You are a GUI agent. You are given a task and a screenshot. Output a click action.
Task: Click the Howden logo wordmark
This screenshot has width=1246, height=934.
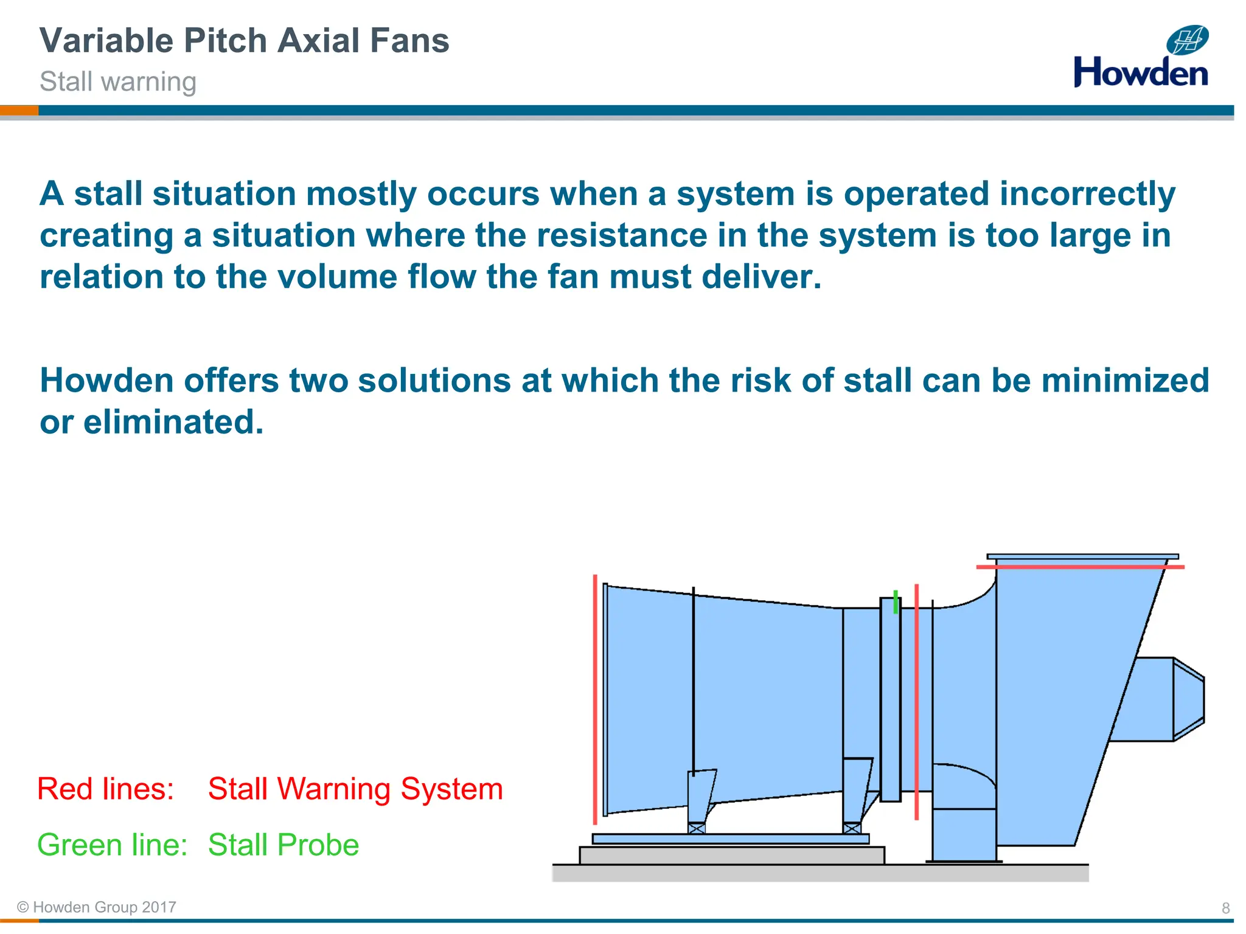(1140, 73)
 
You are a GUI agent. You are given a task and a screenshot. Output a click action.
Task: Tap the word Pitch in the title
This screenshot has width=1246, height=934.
(225, 41)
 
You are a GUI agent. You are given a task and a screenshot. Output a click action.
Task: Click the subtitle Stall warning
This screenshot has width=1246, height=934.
(118, 81)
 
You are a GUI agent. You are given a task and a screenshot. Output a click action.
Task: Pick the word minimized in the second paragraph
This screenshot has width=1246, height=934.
(1125, 381)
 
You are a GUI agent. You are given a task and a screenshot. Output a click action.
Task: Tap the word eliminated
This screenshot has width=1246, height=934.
(173, 422)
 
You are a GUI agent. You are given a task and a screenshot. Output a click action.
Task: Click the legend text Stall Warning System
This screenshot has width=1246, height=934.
(355, 789)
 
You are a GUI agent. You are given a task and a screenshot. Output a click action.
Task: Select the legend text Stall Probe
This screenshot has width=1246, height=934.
(284, 845)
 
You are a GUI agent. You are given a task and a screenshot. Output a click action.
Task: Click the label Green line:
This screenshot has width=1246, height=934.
(113, 845)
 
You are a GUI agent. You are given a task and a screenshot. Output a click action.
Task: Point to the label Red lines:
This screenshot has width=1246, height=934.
(106, 789)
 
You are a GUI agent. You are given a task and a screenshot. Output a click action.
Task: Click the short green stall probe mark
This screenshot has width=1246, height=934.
(896, 601)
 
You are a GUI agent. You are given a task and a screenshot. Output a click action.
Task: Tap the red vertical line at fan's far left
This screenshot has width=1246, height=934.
(595, 699)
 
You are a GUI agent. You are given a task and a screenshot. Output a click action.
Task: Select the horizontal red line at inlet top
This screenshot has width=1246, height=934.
(1080, 567)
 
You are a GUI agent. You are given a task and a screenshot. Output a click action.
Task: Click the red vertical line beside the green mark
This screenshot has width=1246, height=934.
(916, 699)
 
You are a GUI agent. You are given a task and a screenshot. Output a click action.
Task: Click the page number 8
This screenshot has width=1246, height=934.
(1225, 908)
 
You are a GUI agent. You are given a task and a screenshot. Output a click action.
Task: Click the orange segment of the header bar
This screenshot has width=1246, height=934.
(19, 110)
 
